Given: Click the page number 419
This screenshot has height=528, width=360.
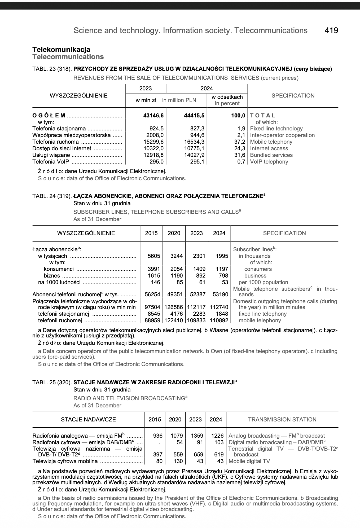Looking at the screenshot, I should [331, 30].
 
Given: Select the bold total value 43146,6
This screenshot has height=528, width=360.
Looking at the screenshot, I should [153, 116].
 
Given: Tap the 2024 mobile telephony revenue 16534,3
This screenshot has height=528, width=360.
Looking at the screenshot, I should [194, 142].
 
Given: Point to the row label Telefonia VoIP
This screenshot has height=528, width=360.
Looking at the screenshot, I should [51, 162].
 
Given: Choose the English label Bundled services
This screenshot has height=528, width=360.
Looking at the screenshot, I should [271, 155].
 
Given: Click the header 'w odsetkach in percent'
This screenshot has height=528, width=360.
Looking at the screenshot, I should [227, 100].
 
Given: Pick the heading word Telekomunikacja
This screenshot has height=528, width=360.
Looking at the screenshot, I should [61, 50].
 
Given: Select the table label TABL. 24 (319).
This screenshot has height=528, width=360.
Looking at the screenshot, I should [52, 196].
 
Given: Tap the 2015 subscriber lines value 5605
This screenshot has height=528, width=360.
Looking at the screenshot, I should [154, 256].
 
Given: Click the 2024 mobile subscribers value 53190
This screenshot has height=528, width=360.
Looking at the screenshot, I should [220, 294].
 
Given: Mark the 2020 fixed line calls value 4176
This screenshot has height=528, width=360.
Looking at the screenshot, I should [176, 314].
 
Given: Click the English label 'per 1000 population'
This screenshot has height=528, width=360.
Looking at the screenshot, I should [263, 282].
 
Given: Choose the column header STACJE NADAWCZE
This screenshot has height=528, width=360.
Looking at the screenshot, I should [88, 420].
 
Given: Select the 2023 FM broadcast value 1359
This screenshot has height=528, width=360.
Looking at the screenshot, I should [197, 436].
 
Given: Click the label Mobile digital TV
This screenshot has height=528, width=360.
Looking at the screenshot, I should [249, 461].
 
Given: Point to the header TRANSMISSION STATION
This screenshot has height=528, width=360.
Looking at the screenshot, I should [282, 420].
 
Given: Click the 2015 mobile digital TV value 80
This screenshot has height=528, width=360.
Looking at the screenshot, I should [159, 461].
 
